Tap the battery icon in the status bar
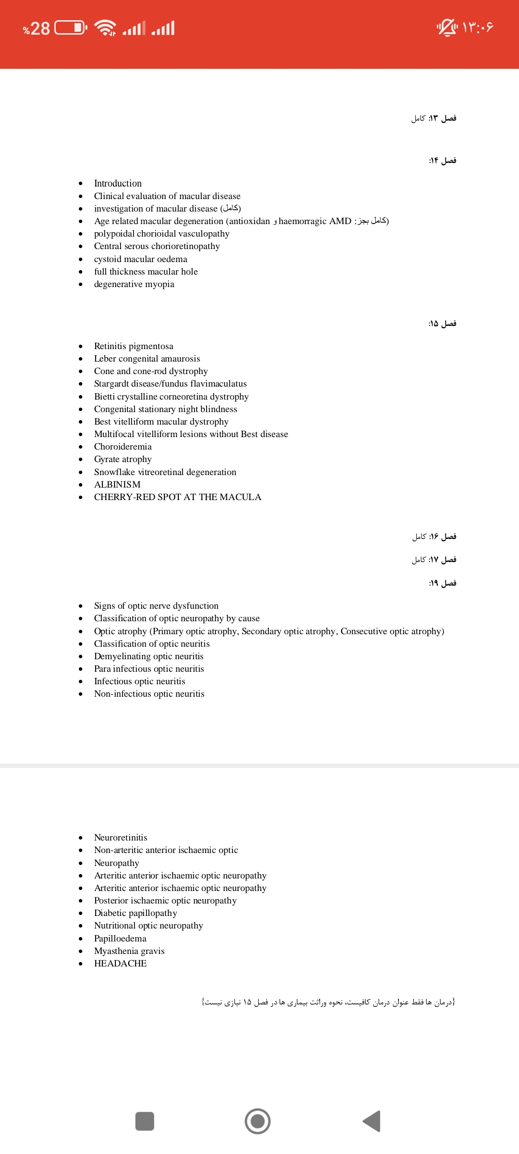tap(71, 28)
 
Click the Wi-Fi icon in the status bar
tap(105, 28)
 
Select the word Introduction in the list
tap(118, 183)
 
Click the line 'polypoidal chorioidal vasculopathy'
tap(161, 234)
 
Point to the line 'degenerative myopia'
tap(134, 284)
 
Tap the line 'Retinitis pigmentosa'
tap(134, 346)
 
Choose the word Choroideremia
tap(123, 447)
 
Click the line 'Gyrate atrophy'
tap(123, 459)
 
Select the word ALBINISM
tap(117, 485)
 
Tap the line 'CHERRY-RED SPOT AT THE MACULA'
tap(177, 497)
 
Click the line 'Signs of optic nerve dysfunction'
tap(156, 606)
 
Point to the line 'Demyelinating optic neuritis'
tap(148, 656)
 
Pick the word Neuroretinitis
tap(121, 838)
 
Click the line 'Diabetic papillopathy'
tap(136, 913)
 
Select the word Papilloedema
tap(120, 939)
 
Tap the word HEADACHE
tap(120, 964)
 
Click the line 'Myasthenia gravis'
tap(129, 951)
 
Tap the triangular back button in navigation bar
tap(372, 1121)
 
